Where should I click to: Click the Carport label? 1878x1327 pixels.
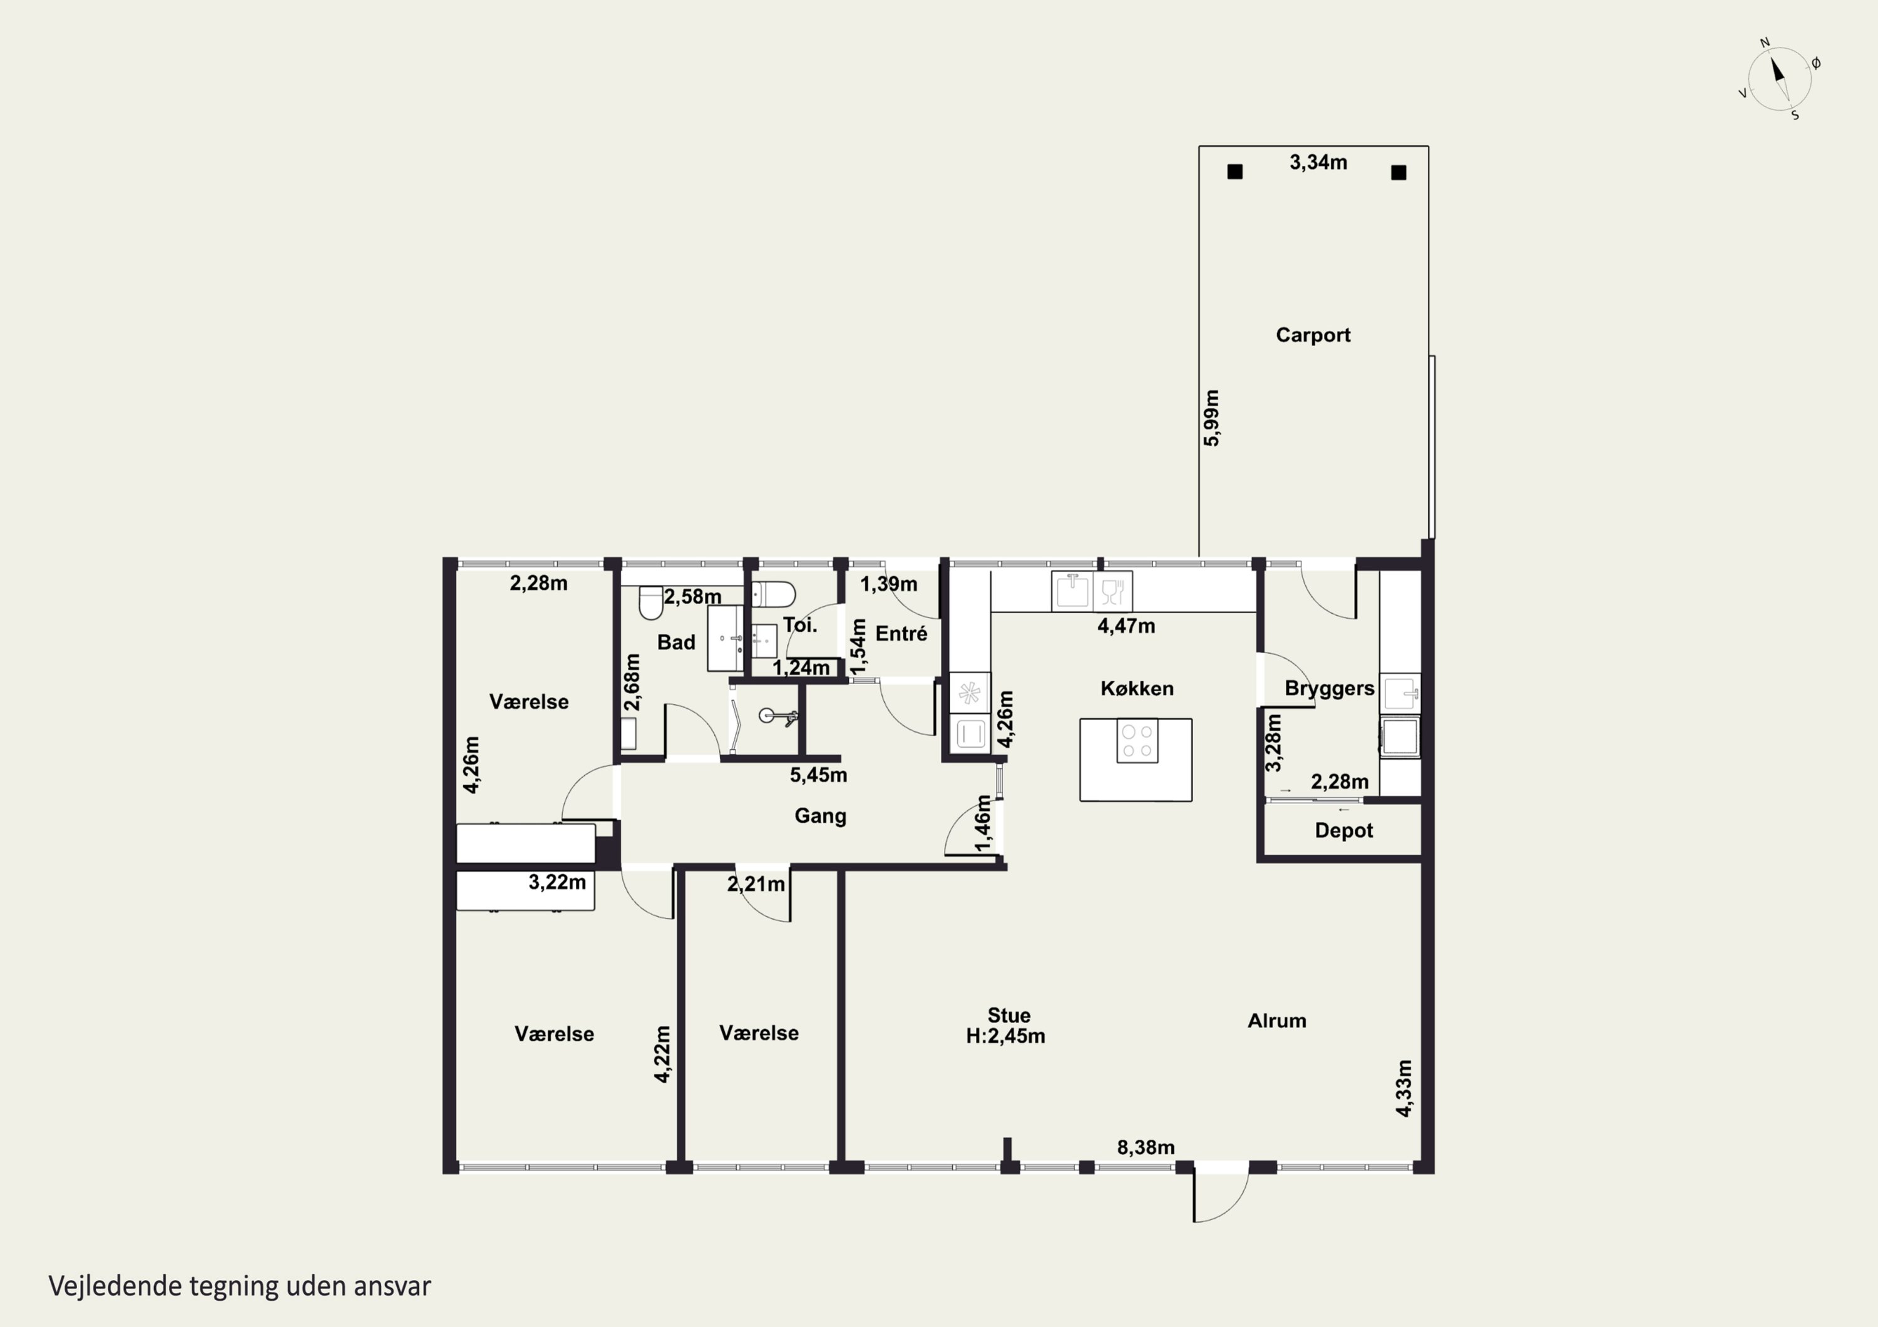click(1313, 335)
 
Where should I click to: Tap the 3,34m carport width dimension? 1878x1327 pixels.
click(1318, 163)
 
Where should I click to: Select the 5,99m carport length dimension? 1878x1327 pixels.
click(1211, 418)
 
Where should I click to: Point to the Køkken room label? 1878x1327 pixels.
click(1137, 688)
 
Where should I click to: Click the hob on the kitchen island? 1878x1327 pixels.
click(1137, 741)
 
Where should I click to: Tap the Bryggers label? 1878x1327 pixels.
click(1329, 688)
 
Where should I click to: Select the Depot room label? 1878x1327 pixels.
click(1344, 831)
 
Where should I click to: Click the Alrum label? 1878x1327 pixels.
click(1277, 1020)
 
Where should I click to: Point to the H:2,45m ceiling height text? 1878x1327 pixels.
click(1005, 1037)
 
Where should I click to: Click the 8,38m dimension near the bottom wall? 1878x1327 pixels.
click(1146, 1148)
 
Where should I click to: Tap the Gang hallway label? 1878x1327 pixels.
click(821, 816)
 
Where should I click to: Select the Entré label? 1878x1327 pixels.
click(901, 634)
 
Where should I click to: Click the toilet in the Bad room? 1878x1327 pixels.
click(651, 602)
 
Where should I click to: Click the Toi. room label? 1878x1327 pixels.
click(800, 626)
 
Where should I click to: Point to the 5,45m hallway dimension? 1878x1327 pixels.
click(819, 775)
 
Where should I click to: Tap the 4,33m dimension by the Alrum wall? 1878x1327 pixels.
click(1403, 1088)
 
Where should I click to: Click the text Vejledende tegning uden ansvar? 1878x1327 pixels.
click(240, 1286)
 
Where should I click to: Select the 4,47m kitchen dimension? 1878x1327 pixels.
click(1126, 626)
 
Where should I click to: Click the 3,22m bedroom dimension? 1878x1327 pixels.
click(557, 882)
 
